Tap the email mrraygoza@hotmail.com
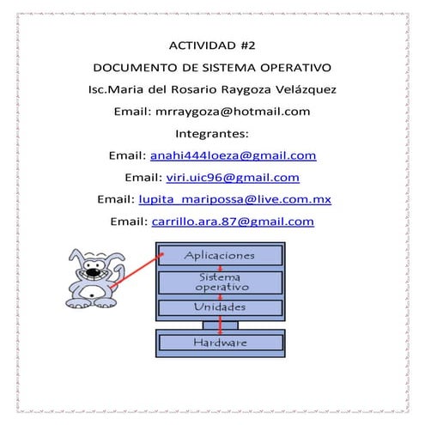pyautogui.click(x=244, y=112)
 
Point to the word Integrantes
pyautogui.click(x=212, y=134)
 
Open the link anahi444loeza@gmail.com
pyautogui.click(x=234, y=156)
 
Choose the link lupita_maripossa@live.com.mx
pyautogui.click(x=234, y=200)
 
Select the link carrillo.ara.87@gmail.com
pyautogui.click(x=233, y=222)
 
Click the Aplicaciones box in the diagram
pyautogui.click(x=219, y=256)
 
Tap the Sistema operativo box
pyautogui.click(x=219, y=282)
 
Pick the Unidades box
pyautogui.click(x=219, y=307)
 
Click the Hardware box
pyautogui.click(x=219, y=343)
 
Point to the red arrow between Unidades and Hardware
pyautogui.click(x=221, y=325)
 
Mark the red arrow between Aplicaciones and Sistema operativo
pyautogui.click(x=221, y=268)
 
